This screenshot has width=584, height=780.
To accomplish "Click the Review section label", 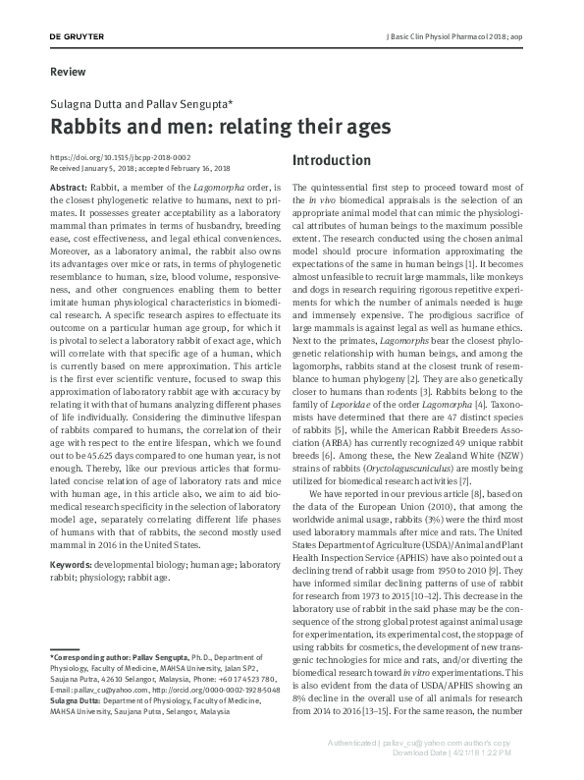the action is [67, 72].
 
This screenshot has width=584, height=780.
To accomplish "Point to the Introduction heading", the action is [333, 160].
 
